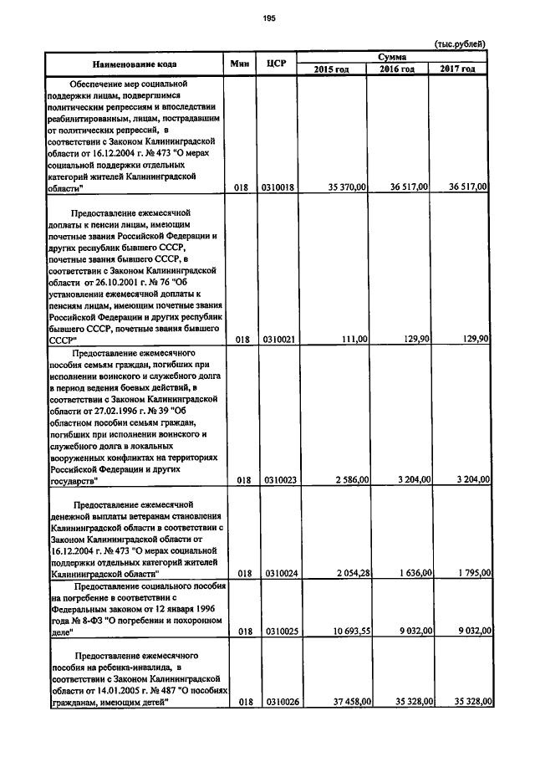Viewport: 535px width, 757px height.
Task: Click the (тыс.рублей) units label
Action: click(x=460, y=43)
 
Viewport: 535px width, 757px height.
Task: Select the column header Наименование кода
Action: click(x=134, y=64)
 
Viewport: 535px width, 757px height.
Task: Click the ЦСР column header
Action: click(x=277, y=64)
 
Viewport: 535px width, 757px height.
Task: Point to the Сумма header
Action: click(x=392, y=56)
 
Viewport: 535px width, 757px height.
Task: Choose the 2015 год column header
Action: click(x=331, y=69)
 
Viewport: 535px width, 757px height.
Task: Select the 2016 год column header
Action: click(x=397, y=69)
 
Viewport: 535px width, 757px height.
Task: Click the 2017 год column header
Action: click(x=457, y=69)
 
